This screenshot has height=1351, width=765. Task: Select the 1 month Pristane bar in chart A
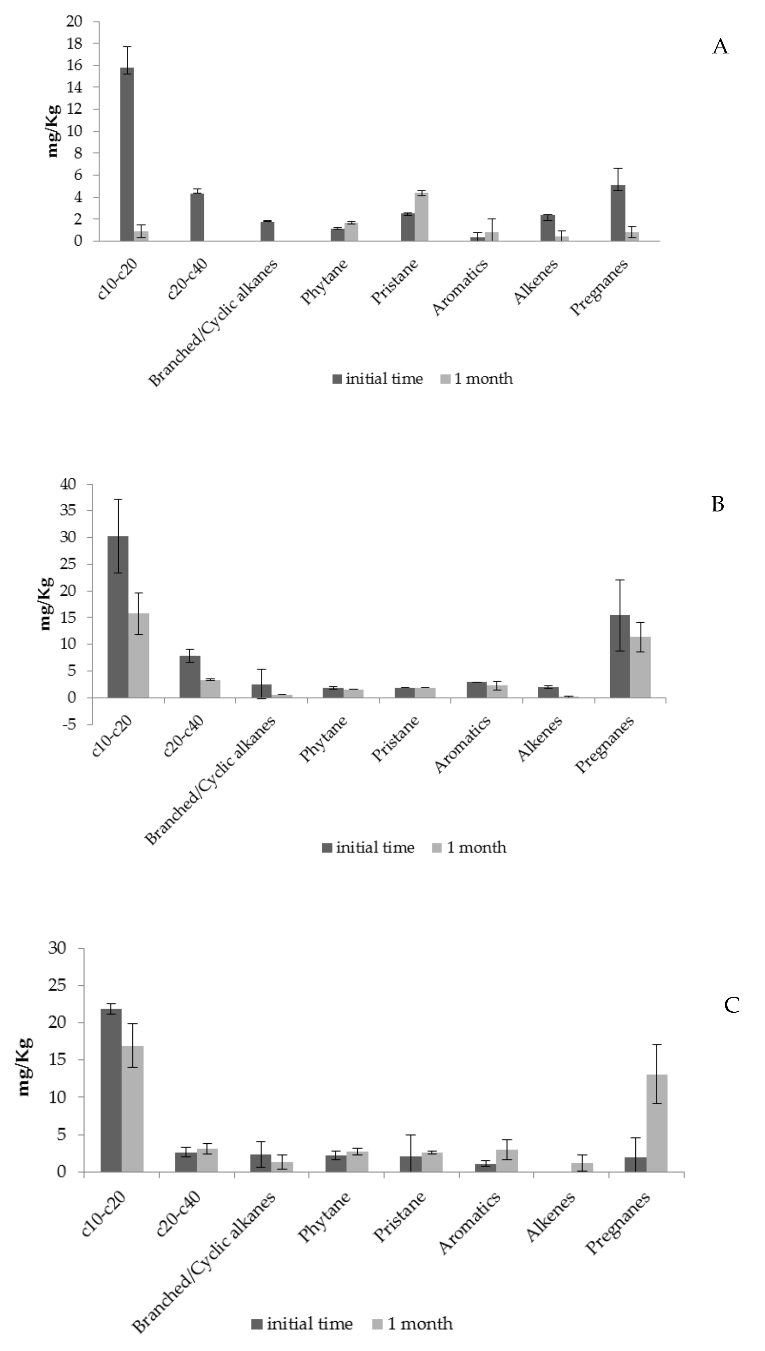click(x=421, y=216)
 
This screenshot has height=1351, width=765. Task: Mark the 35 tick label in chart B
click(x=68, y=511)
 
